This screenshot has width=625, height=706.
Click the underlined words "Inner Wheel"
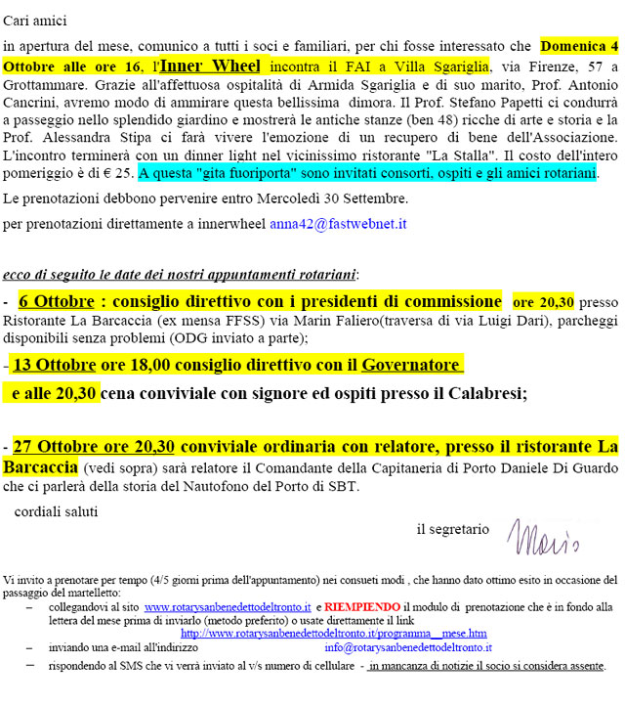(210, 66)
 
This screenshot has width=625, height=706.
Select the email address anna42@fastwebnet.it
(338, 224)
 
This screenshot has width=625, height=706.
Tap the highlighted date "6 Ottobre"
(55, 301)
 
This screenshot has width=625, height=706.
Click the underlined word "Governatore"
(410, 365)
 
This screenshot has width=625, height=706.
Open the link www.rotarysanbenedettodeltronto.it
(227, 606)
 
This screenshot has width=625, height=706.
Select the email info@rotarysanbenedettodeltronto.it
(408, 647)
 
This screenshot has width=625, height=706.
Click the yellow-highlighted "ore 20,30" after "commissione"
(544, 302)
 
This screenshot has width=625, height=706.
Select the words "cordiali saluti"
(57, 510)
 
